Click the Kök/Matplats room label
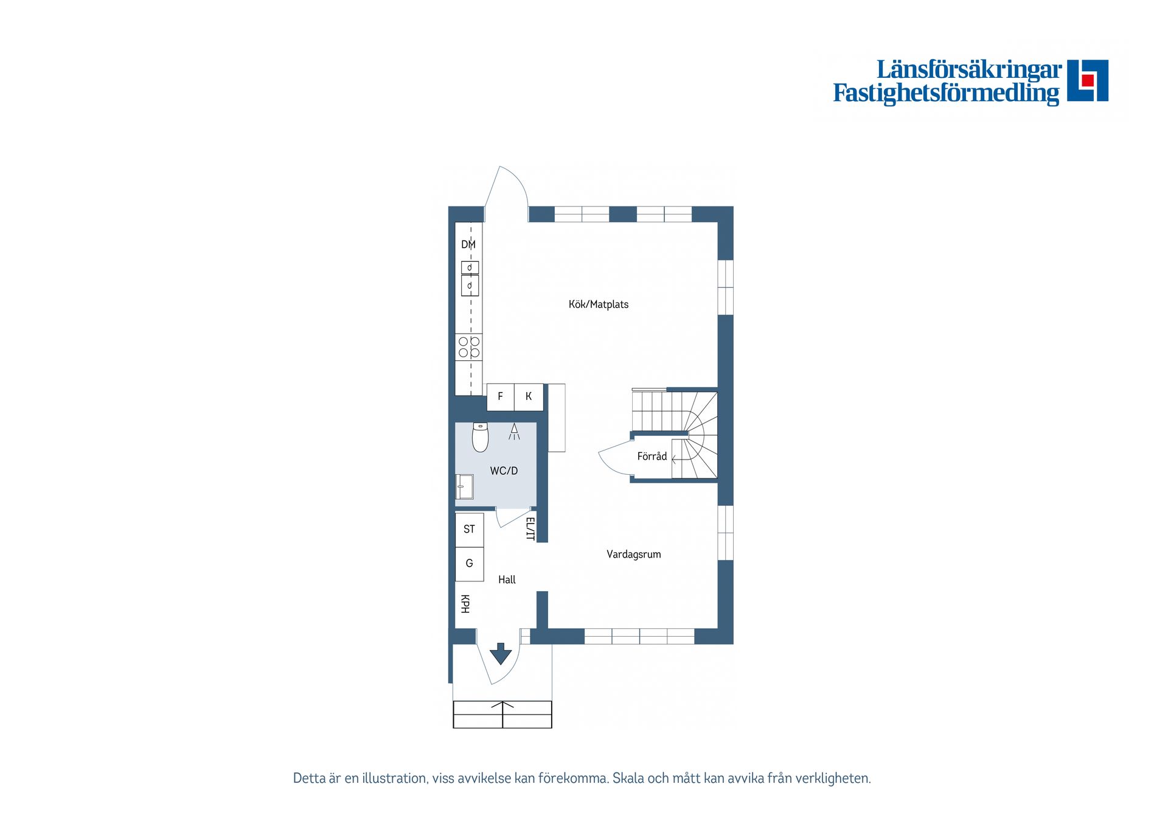pos(598,304)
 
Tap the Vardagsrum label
pos(633,554)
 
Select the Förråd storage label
pos(652,456)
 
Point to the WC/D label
pos(504,471)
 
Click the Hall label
pos(507,579)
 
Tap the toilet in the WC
pos(481,437)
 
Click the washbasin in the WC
pos(464,486)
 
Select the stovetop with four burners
pos(469,347)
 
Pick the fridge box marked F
pos(500,397)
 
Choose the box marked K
pos(529,397)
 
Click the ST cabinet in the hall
pos(469,530)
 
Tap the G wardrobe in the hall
pos(469,564)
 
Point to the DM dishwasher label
pos(468,245)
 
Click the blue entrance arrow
pos(501,653)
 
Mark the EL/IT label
pos(530,528)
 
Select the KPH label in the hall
pos(465,604)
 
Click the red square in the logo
pos(1088,80)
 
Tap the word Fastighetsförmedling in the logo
pos(946,93)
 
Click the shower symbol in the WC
pos(514,432)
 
